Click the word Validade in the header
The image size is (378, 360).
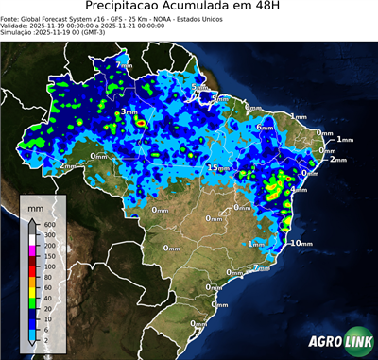(17, 26)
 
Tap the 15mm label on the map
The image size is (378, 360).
(216, 167)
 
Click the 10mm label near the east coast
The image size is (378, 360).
(301, 243)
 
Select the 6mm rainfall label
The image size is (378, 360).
(265, 127)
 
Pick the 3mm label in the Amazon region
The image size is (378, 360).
(129, 112)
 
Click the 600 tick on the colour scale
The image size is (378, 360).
(47, 224)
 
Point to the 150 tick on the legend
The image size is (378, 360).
(47, 255)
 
